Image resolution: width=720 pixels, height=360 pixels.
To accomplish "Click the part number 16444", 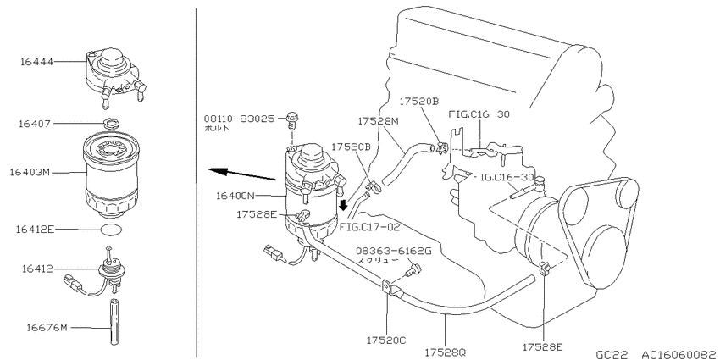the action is (x=36, y=62).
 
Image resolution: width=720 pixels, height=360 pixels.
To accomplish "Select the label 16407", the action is (x=36, y=124).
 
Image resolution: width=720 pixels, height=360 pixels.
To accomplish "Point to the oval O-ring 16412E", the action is (x=111, y=230).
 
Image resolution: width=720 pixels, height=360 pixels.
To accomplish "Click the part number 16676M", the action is (x=47, y=328).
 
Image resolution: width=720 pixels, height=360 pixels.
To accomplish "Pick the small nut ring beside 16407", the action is (x=110, y=123).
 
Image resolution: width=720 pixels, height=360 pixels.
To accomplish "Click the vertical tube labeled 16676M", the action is (x=114, y=321).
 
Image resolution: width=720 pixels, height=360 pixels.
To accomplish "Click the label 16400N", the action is (x=235, y=196).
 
